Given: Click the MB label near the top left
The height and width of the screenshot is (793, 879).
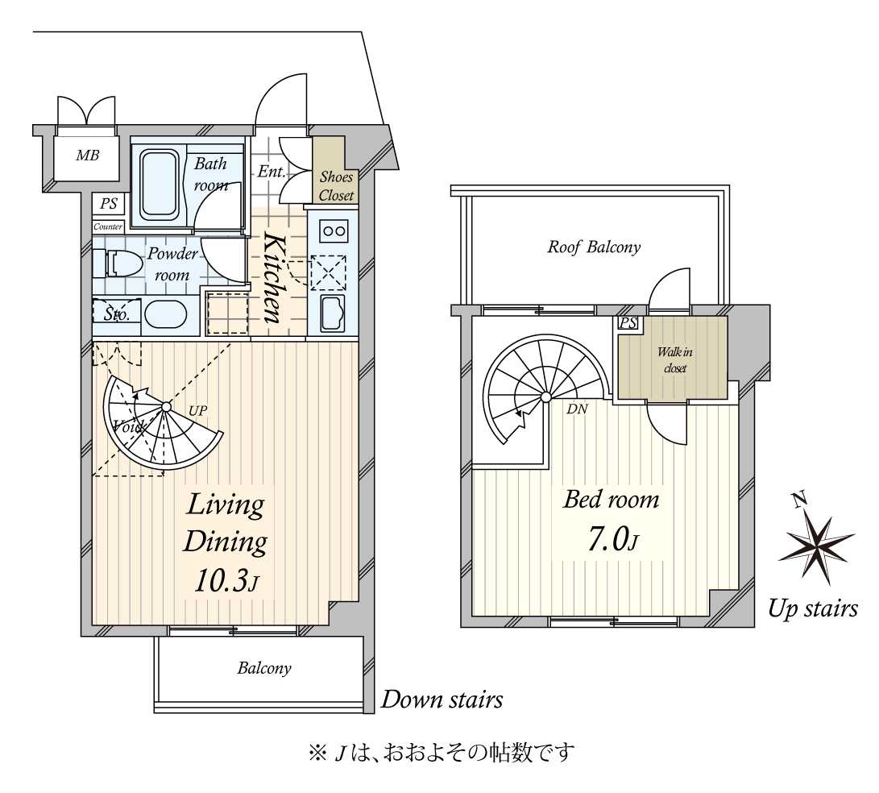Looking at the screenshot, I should point(87,155).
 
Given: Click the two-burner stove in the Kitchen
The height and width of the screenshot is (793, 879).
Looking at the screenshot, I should point(333,230).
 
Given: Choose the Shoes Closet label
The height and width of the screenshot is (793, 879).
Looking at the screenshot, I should point(336,186).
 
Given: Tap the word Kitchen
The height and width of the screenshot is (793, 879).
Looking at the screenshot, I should point(273,278).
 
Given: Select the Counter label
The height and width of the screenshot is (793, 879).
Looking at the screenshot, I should point(108,226).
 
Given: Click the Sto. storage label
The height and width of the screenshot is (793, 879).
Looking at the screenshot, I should point(116,313).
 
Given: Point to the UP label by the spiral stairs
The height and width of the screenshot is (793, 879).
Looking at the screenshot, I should point(197,410).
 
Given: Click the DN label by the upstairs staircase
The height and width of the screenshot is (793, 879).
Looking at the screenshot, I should point(577,409).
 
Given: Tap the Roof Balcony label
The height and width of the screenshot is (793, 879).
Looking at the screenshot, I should point(594,247).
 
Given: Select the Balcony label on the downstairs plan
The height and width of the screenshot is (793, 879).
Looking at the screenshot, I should point(263,668).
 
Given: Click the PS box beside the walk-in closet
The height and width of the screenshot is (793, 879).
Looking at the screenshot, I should point(627,323).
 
